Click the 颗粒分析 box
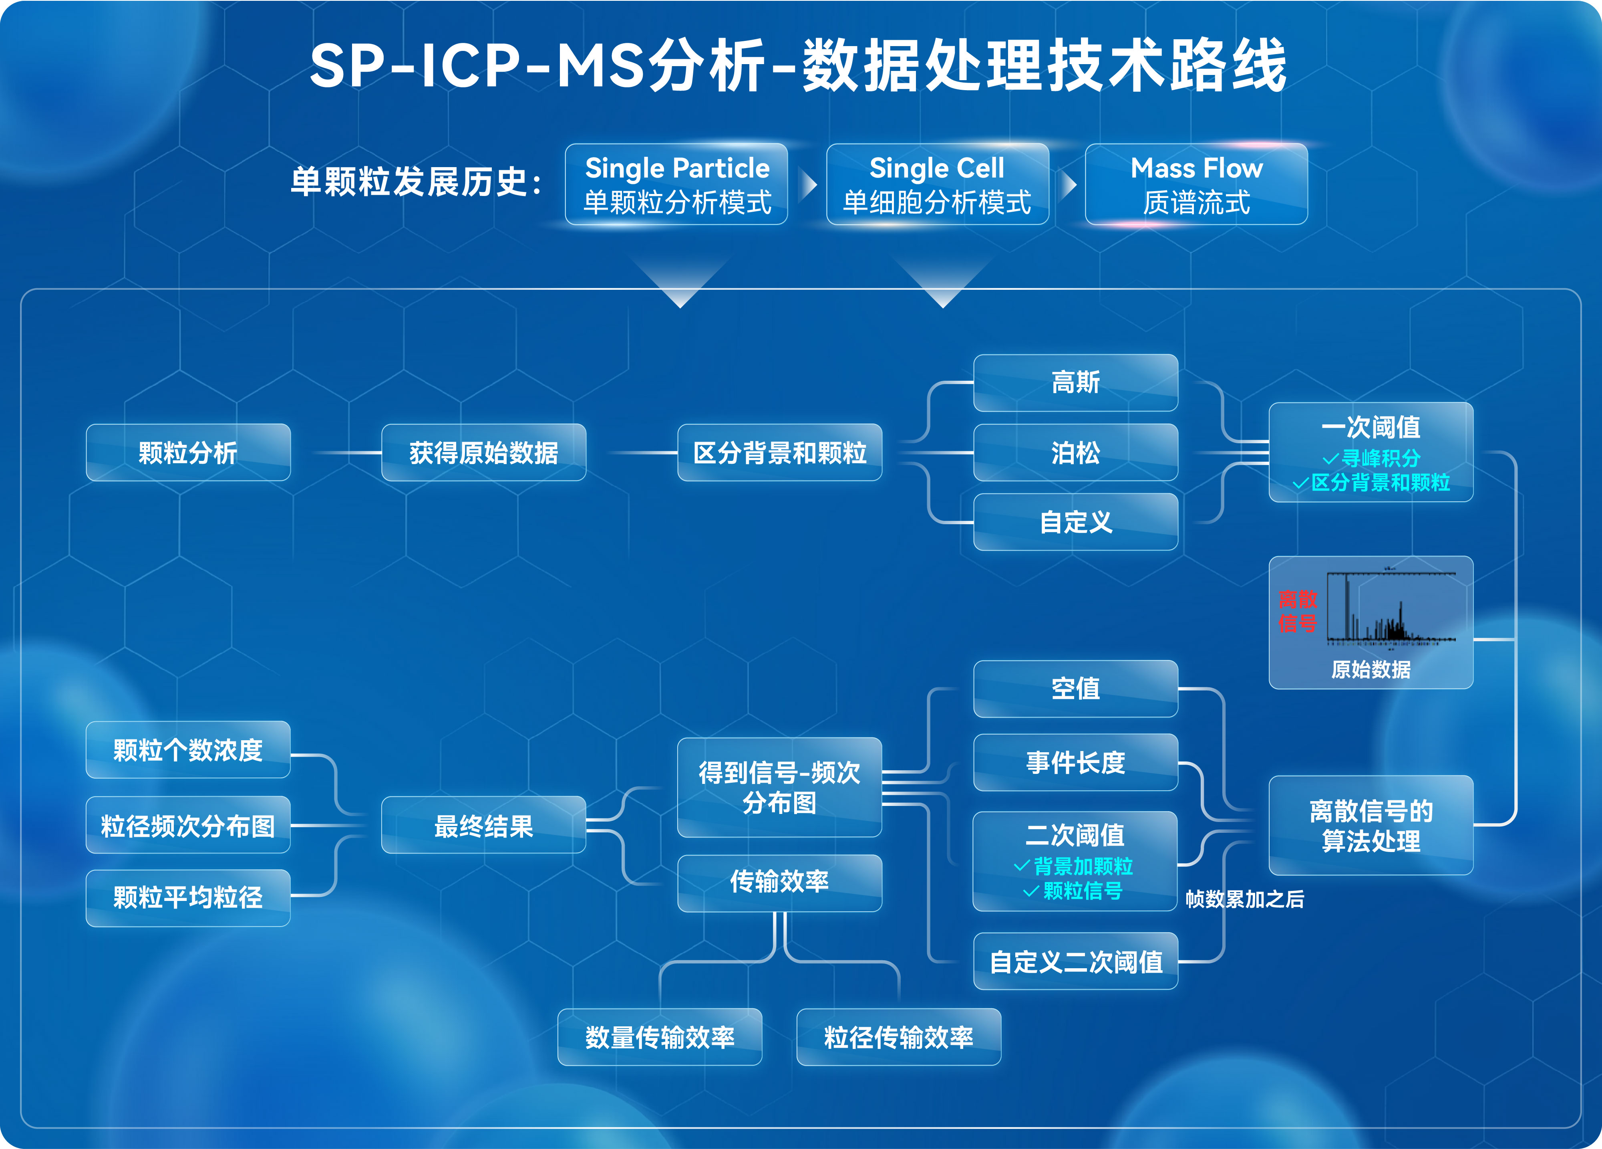pos(188,452)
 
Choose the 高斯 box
pos(1075,382)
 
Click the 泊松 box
pos(1075,452)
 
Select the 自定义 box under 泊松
pos(1075,522)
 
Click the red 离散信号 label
pos(1298,611)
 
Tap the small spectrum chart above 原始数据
pos(1390,608)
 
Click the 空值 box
pos(1075,688)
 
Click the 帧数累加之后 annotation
pos(1245,899)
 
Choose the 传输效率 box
pos(779,882)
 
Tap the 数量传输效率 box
pos(659,1037)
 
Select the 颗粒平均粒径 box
pos(188,897)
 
